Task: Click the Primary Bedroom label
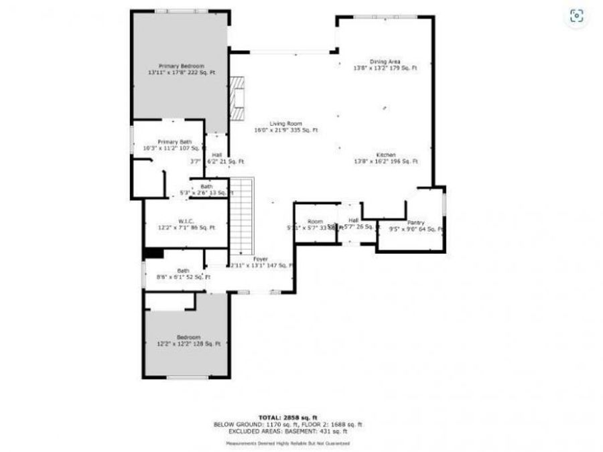pyautogui.click(x=181, y=69)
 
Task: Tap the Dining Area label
pyautogui.click(x=385, y=65)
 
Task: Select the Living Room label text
pyautogui.click(x=286, y=127)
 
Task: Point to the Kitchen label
pyautogui.click(x=386, y=158)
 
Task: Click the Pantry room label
pyautogui.click(x=416, y=226)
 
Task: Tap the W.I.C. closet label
pyautogui.click(x=186, y=224)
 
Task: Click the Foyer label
pyautogui.click(x=261, y=262)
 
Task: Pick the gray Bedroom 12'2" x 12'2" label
pyautogui.click(x=188, y=340)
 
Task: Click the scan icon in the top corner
pyautogui.click(x=576, y=16)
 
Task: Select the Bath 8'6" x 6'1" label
pyautogui.click(x=183, y=274)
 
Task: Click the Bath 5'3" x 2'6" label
pyautogui.click(x=206, y=190)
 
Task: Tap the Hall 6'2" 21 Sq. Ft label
pyautogui.click(x=216, y=158)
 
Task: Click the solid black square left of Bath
pyautogui.click(x=154, y=252)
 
